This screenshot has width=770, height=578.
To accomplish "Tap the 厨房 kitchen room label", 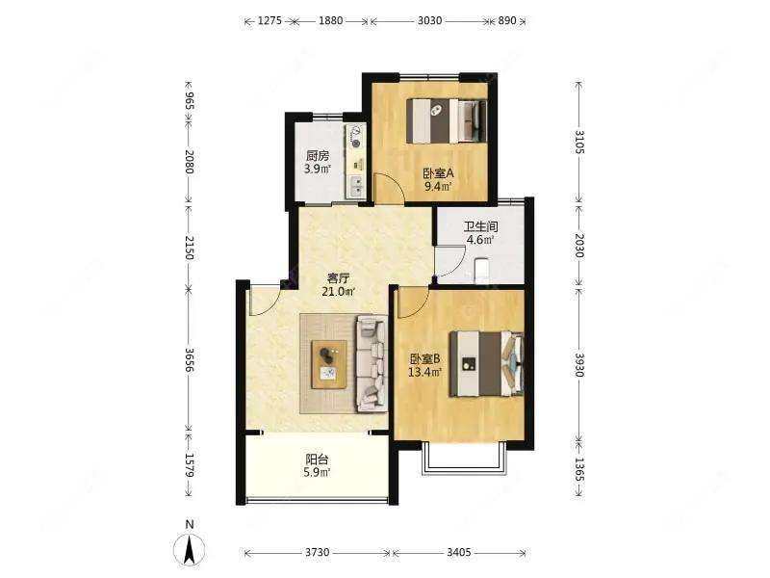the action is [x=318, y=156].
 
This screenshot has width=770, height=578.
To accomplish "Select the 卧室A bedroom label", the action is [x=438, y=173].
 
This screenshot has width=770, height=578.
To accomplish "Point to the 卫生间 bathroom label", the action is [x=480, y=226].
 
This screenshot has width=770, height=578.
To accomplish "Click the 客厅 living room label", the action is [x=339, y=278].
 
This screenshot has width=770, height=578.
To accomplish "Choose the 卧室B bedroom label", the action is [x=425, y=359].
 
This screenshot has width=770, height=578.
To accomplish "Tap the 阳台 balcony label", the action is [x=318, y=460].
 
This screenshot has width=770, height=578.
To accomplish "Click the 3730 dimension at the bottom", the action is [x=318, y=552].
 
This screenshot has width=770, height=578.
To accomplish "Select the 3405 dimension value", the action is [x=459, y=552].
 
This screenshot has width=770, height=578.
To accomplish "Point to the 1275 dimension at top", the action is [x=269, y=20].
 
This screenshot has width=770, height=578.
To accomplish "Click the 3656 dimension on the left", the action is [x=190, y=360].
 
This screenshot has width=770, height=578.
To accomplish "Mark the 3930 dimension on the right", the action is [x=579, y=365].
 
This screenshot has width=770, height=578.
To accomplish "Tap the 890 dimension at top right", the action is [x=507, y=20].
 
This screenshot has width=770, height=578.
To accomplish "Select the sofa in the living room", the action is [x=372, y=363].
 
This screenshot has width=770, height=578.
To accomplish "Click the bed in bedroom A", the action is [x=447, y=121].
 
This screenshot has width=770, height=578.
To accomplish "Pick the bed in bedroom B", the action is [x=486, y=363].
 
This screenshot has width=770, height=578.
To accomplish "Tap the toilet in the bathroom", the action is [x=481, y=270].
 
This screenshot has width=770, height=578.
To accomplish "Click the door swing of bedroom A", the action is [x=389, y=187].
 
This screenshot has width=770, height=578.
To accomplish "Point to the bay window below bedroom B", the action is [x=464, y=459].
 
